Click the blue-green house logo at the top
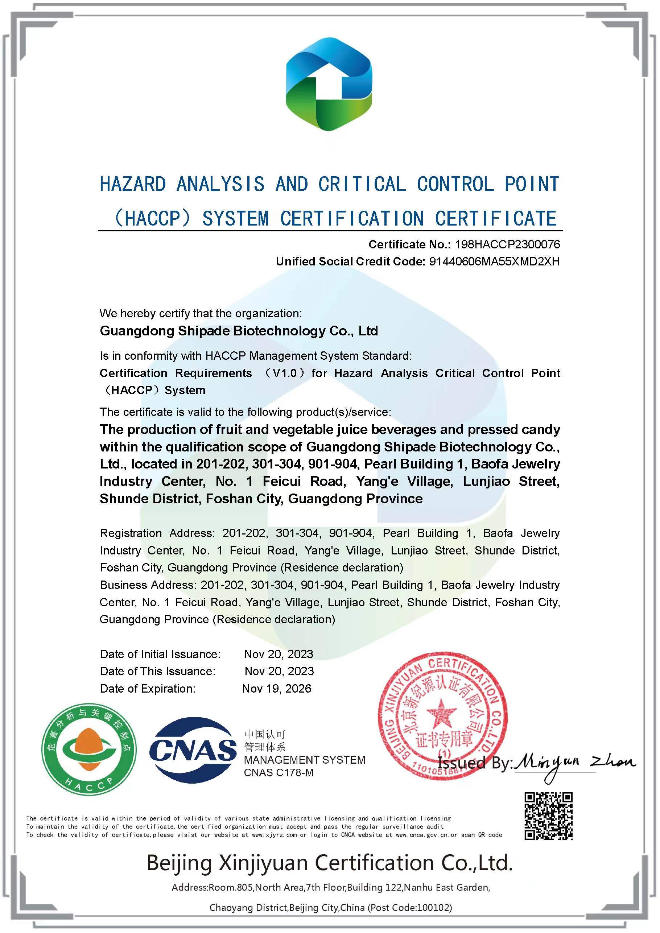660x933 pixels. tap(329, 84)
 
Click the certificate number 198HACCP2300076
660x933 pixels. tap(507, 244)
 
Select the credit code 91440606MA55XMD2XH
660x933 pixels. tap(494, 261)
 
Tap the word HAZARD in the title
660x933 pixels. tap(133, 185)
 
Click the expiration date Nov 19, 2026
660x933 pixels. tap(277, 688)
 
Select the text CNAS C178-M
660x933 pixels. tap(279, 772)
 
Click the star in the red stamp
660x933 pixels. tap(442, 713)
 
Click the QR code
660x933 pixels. tap(548, 816)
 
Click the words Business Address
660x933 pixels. tap(148, 585)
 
